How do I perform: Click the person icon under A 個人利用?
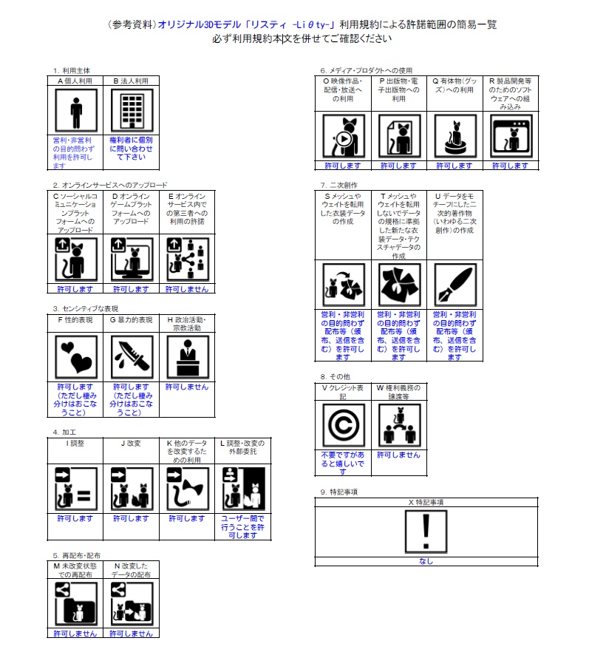click(75, 111)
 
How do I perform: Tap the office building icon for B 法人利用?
click(132, 111)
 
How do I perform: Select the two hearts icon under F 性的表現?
click(75, 358)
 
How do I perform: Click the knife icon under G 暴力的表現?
click(132, 358)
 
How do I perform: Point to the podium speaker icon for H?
click(188, 358)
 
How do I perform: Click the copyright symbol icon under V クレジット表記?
click(344, 425)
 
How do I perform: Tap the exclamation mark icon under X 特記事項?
click(426, 532)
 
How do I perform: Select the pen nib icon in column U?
click(454, 285)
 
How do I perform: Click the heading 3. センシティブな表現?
click(85, 309)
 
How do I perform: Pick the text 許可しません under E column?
click(187, 289)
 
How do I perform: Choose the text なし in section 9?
click(426, 561)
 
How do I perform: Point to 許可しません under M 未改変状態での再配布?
click(75, 634)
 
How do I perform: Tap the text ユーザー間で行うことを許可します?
click(242, 527)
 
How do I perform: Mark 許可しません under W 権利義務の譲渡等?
click(399, 455)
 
